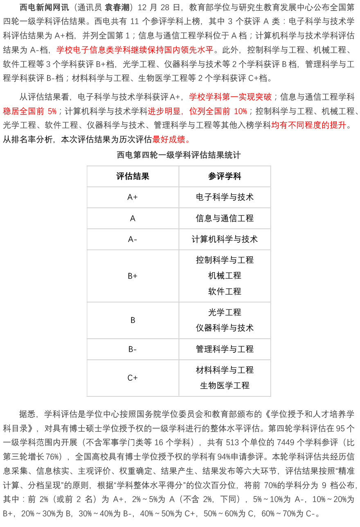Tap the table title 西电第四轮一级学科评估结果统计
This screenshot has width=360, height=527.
tap(179, 155)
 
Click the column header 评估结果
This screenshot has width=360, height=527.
tap(133, 176)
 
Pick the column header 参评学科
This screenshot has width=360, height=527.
tap(225, 176)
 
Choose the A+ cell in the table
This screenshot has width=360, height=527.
tap(133, 197)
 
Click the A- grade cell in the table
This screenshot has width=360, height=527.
tap(133, 239)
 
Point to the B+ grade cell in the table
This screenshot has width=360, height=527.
tap(133, 276)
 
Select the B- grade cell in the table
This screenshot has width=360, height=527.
tap(133, 349)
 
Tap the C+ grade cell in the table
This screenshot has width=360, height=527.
tap(133, 378)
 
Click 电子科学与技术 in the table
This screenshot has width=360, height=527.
tap(225, 197)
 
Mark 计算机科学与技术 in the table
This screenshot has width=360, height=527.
tap(225, 239)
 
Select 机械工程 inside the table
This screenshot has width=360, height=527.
tap(225, 276)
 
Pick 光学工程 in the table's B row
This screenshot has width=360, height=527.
tap(225, 312)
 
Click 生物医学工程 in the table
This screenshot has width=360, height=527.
tap(225, 386)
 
